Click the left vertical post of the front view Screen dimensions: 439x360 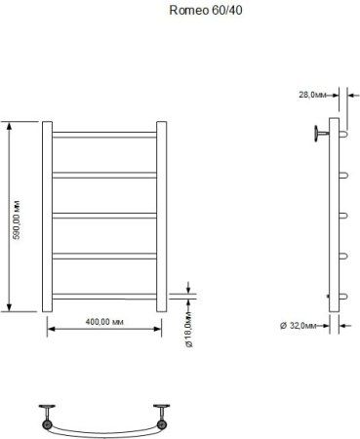tap(48, 216)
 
